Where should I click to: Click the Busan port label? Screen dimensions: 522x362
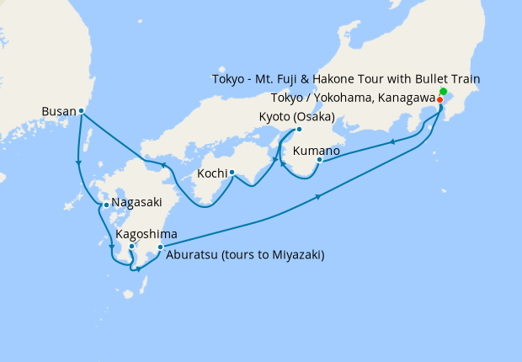coord(58,110)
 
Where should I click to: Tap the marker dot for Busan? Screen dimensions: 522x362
coord(81,110)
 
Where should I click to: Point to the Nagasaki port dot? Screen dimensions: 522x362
coord(105,204)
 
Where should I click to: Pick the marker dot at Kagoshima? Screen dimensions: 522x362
coord(132,247)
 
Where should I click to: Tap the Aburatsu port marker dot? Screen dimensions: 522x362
coord(160,247)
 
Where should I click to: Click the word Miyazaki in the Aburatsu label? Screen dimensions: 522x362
coord(295,254)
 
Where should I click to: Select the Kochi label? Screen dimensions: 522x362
coord(211,174)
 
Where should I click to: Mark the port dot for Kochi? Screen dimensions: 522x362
coord(231,174)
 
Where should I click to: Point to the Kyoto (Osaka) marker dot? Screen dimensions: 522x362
coord(298,129)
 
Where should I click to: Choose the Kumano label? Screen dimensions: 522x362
coord(316,152)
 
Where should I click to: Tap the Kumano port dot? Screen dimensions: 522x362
coord(320,159)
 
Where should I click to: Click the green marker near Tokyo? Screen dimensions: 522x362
coord(444,91)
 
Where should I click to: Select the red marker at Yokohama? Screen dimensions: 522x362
coord(440,99)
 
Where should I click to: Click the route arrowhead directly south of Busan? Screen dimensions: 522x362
coord(78,163)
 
